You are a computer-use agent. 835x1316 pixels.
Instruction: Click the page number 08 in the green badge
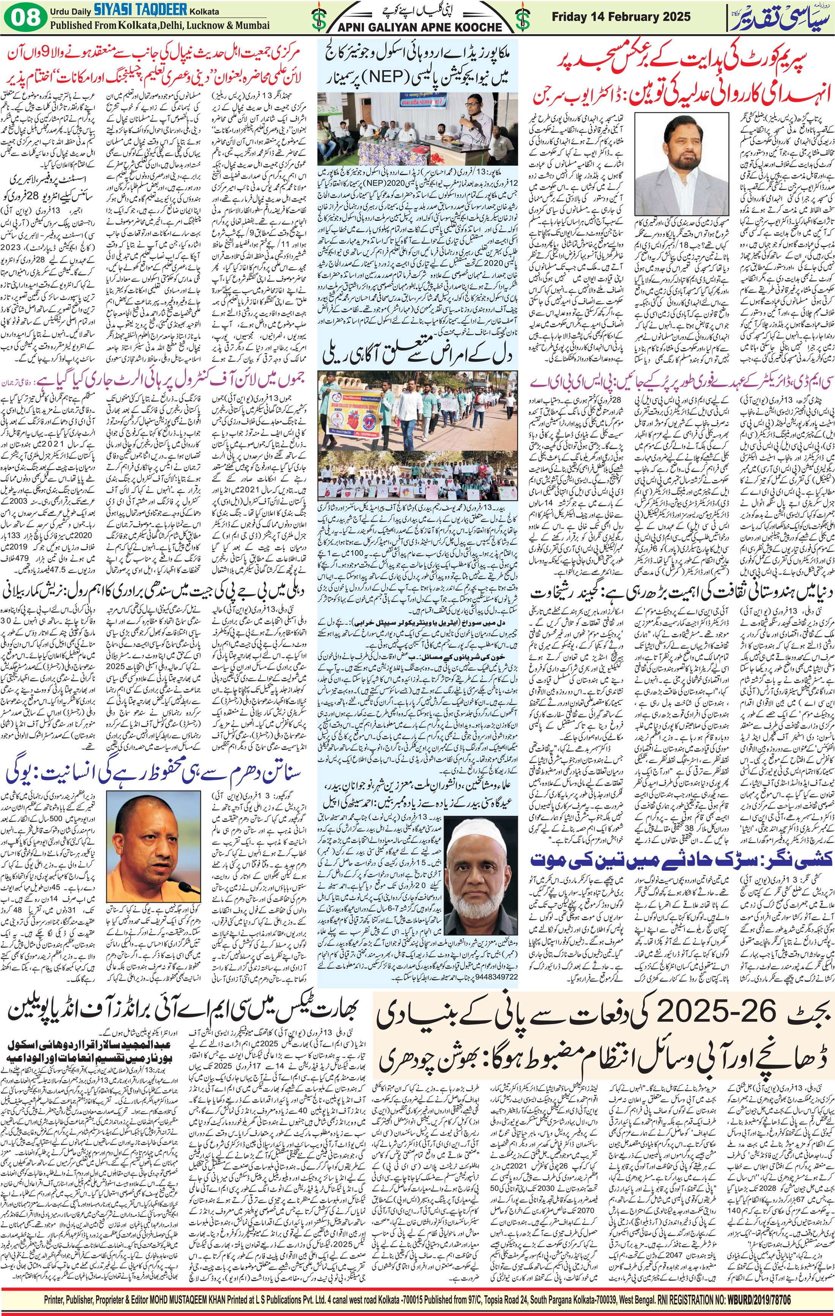pyautogui.click(x=26, y=17)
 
